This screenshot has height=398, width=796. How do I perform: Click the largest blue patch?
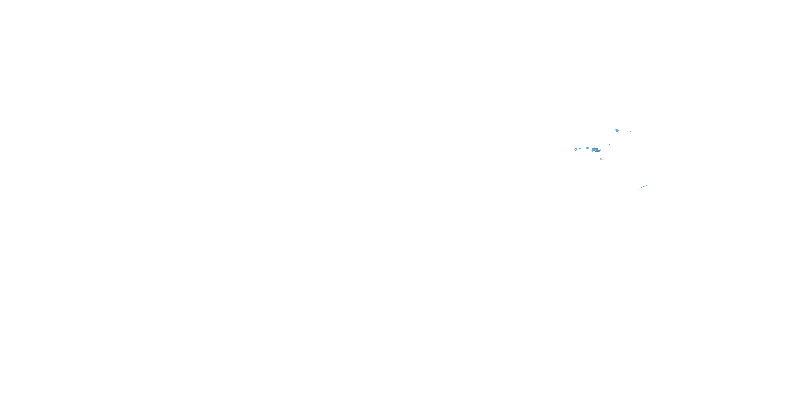pos(595,150)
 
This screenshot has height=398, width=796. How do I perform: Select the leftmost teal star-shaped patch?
pos(576,149)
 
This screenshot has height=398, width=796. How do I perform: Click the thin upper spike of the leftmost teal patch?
pos(577,148)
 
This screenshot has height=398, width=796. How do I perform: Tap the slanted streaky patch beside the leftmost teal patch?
pos(580,149)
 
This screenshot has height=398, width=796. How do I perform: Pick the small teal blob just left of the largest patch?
pos(587,148)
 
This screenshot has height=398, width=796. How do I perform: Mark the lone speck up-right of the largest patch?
pos(609,145)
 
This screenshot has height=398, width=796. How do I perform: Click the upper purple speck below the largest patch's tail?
pos(601,158)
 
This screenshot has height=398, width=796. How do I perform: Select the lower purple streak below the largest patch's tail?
pos(602,159)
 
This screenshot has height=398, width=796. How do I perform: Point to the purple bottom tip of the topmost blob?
pos(618,132)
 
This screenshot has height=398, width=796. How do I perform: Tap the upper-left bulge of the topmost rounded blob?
pos(616,130)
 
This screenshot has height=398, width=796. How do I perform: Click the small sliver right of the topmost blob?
pos(631,132)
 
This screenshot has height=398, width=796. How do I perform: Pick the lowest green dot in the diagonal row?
pos(639,189)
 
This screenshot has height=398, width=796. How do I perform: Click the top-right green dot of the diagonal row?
pos(646,186)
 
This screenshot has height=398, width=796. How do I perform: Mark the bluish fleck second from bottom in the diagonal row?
pos(642,188)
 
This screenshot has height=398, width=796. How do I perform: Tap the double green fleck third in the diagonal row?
pos(644,186)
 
